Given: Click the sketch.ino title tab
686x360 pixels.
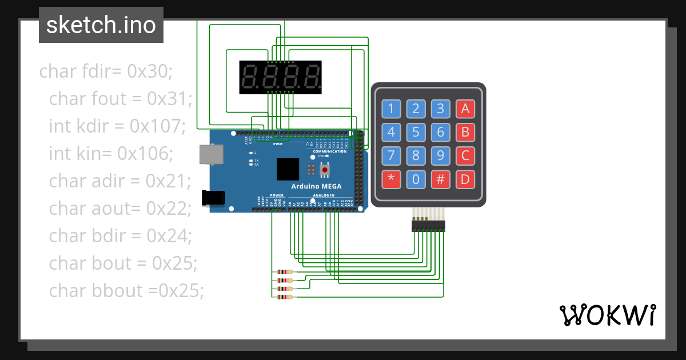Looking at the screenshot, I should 101,25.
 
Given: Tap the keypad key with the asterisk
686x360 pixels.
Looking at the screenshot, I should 391,179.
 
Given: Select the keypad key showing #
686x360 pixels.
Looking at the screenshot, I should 440,179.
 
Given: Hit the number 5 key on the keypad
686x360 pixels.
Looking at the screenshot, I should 416,133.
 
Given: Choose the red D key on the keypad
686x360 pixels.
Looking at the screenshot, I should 465,179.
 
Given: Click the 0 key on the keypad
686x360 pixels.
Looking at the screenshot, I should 416,179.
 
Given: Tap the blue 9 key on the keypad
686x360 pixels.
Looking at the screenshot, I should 440,156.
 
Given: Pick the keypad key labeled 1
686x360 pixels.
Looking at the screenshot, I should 391,109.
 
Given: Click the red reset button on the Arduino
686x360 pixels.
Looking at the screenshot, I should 325,170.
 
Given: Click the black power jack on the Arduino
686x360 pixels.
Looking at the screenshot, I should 213,198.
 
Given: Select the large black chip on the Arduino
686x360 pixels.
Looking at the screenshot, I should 288,170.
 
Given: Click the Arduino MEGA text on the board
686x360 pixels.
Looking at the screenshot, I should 316,186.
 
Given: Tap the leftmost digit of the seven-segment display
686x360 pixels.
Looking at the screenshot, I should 249,77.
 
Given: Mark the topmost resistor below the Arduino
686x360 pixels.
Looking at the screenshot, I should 284,272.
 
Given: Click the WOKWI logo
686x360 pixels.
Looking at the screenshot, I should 607,315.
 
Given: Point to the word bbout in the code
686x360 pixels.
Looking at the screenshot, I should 118,290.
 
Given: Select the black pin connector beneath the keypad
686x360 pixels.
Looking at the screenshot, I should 428,226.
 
